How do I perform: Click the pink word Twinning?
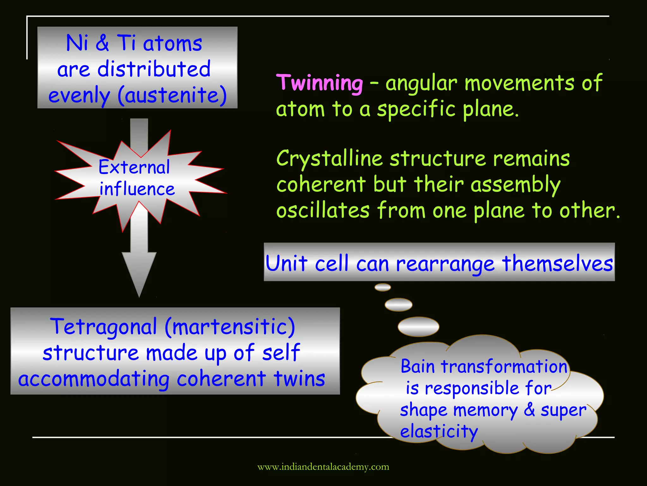[x=320, y=83]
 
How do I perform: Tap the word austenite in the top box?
[x=172, y=95]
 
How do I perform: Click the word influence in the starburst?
[x=137, y=189]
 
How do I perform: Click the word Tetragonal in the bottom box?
[x=104, y=327]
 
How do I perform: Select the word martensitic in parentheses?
[x=230, y=327]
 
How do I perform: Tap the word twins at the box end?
[x=299, y=378]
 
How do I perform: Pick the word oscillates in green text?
[x=323, y=210]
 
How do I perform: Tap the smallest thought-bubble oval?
[x=383, y=287]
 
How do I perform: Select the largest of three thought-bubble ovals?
[x=418, y=327]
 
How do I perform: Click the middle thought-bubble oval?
[x=398, y=305]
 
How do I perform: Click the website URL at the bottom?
[x=323, y=467]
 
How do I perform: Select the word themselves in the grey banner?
[x=557, y=263]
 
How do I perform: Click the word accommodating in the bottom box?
[x=94, y=379]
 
